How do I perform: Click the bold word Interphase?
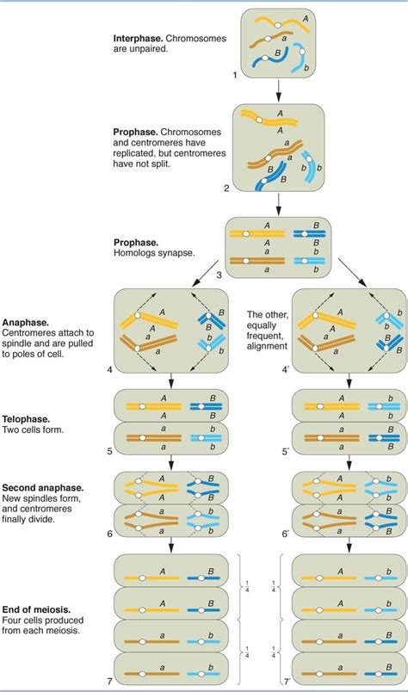139,39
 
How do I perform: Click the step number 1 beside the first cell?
233,77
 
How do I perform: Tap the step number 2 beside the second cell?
226,188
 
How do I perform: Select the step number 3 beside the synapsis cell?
219,275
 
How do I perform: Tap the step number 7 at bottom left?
109,683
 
